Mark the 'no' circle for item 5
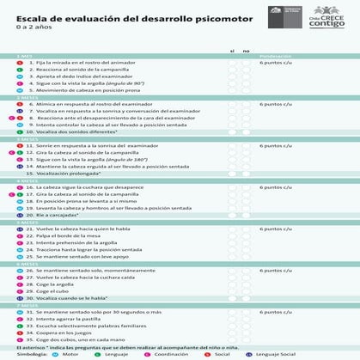[247, 89]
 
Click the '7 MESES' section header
[27, 305]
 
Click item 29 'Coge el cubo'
[51, 291]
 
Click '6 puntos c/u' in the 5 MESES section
[277, 229]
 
